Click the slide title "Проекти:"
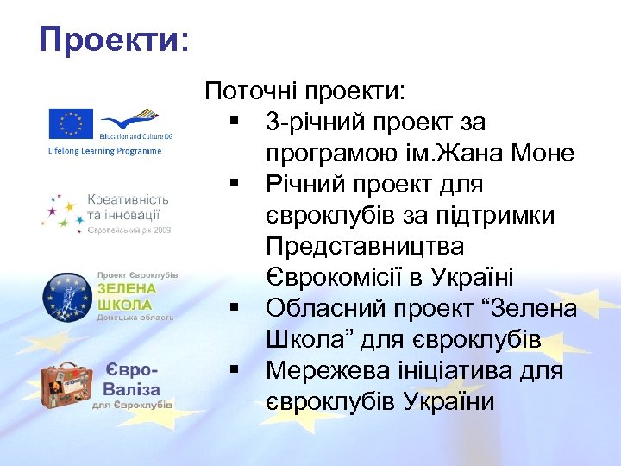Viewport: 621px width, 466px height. coord(114,39)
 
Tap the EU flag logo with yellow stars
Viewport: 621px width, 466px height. coord(71,123)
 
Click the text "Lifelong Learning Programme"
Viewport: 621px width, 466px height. coord(103,151)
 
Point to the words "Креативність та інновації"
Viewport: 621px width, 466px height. coord(128,206)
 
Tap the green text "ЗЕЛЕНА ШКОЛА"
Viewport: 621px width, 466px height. coord(126,296)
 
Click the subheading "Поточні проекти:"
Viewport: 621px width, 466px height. coord(309,91)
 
